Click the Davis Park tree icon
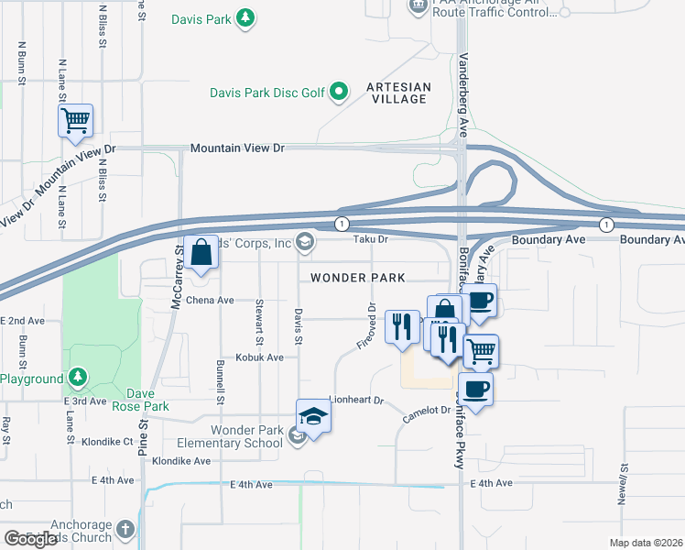(x=245, y=17)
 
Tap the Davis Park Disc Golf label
(x=267, y=92)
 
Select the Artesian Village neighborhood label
(x=397, y=93)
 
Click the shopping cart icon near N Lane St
(x=75, y=120)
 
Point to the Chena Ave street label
(x=211, y=300)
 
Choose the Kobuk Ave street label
(x=259, y=357)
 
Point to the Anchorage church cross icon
(x=125, y=530)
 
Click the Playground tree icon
(x=79, y=378)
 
